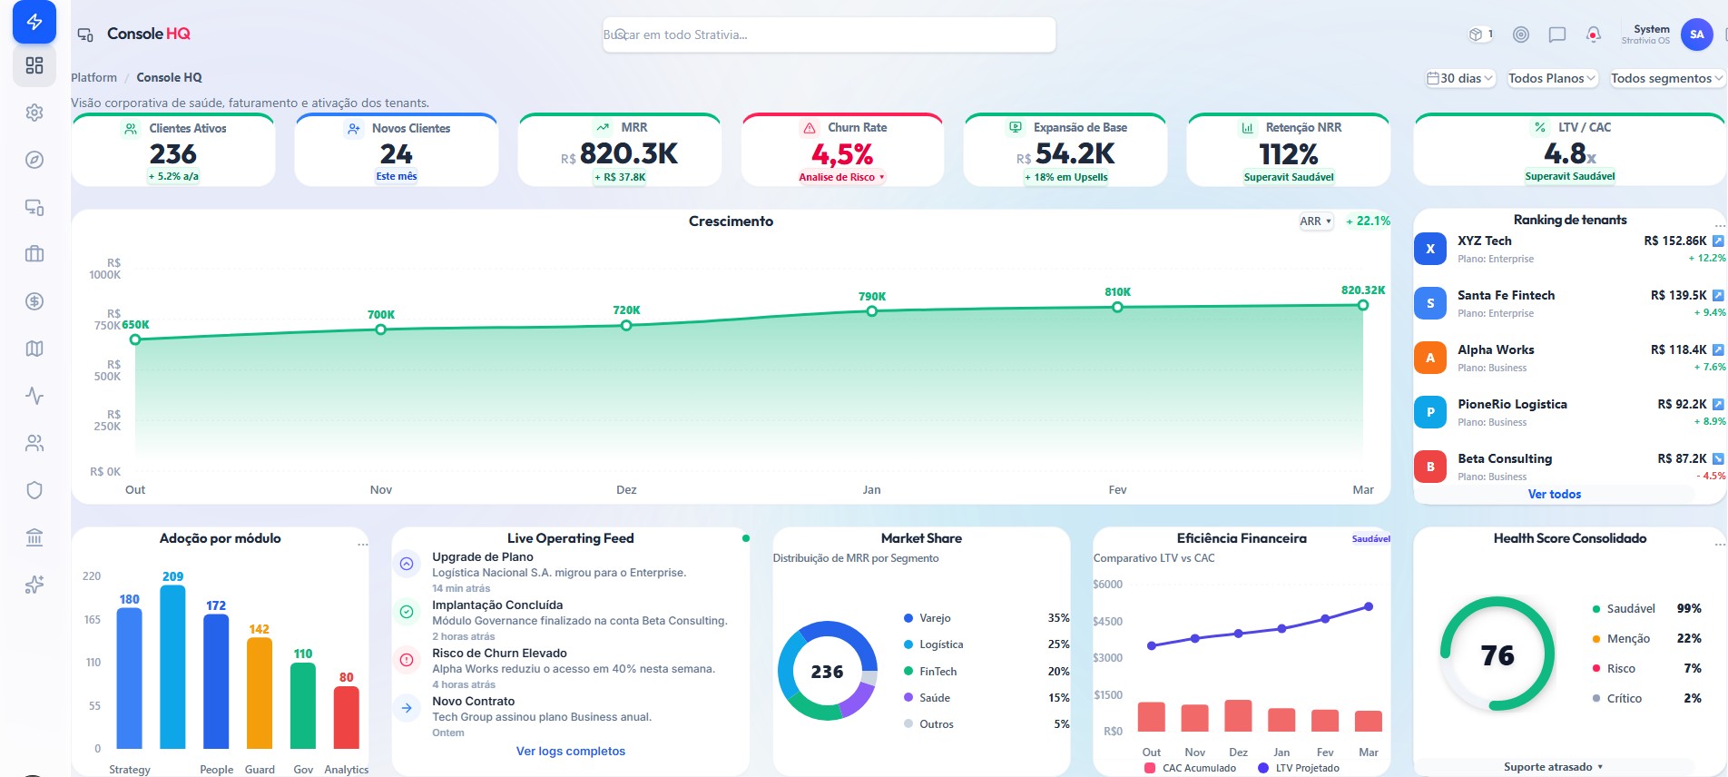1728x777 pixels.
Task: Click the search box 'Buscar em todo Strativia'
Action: pos(829,34)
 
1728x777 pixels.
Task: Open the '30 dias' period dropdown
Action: pos(1460,78)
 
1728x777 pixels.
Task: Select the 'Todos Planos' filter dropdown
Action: pos(1552,78)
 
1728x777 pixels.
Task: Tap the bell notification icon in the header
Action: pos(1593,34)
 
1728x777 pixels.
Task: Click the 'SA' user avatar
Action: pos(1696,34)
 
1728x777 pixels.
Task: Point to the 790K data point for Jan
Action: pos(872,311)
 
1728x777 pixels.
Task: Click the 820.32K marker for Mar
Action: pos(1363,305)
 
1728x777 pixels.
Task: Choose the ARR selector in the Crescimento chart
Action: pos(1316,221)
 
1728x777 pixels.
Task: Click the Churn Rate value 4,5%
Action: pos(842,154)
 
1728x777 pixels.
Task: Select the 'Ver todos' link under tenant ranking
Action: pos(1555,494)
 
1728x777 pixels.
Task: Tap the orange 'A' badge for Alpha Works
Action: pos(1430,358)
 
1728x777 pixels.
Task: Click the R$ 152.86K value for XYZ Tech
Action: pos(1675,241)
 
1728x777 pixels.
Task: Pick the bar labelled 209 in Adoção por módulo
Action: pos(172,666)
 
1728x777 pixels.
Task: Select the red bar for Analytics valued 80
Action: pos(347,717)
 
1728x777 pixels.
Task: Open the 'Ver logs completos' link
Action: pos(571,751)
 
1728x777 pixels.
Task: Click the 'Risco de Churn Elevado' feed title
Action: pos(499,653)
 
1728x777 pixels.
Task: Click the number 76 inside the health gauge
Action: pos(1497,655)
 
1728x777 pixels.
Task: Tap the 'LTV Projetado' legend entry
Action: pos(1299,768)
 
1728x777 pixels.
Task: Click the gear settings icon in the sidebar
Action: pos(34,113)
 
